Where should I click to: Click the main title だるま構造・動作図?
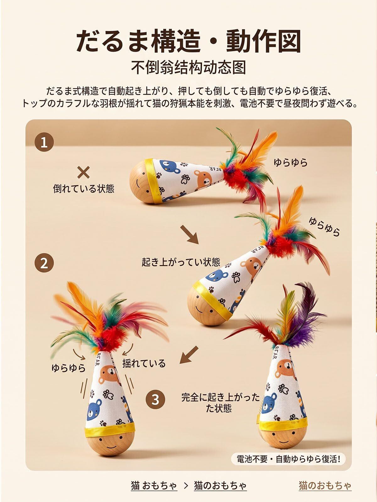click(x=188, y=42)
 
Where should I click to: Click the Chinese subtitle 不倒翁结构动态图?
click(x=188, y=67)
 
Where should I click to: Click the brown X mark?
click(x=83, y=173)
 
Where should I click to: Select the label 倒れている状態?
click(x=84, y=189)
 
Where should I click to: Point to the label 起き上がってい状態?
click(x=181, y=262)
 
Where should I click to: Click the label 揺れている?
click(x=144, y=363)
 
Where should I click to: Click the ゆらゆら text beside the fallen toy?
click(x=290, y=163)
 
